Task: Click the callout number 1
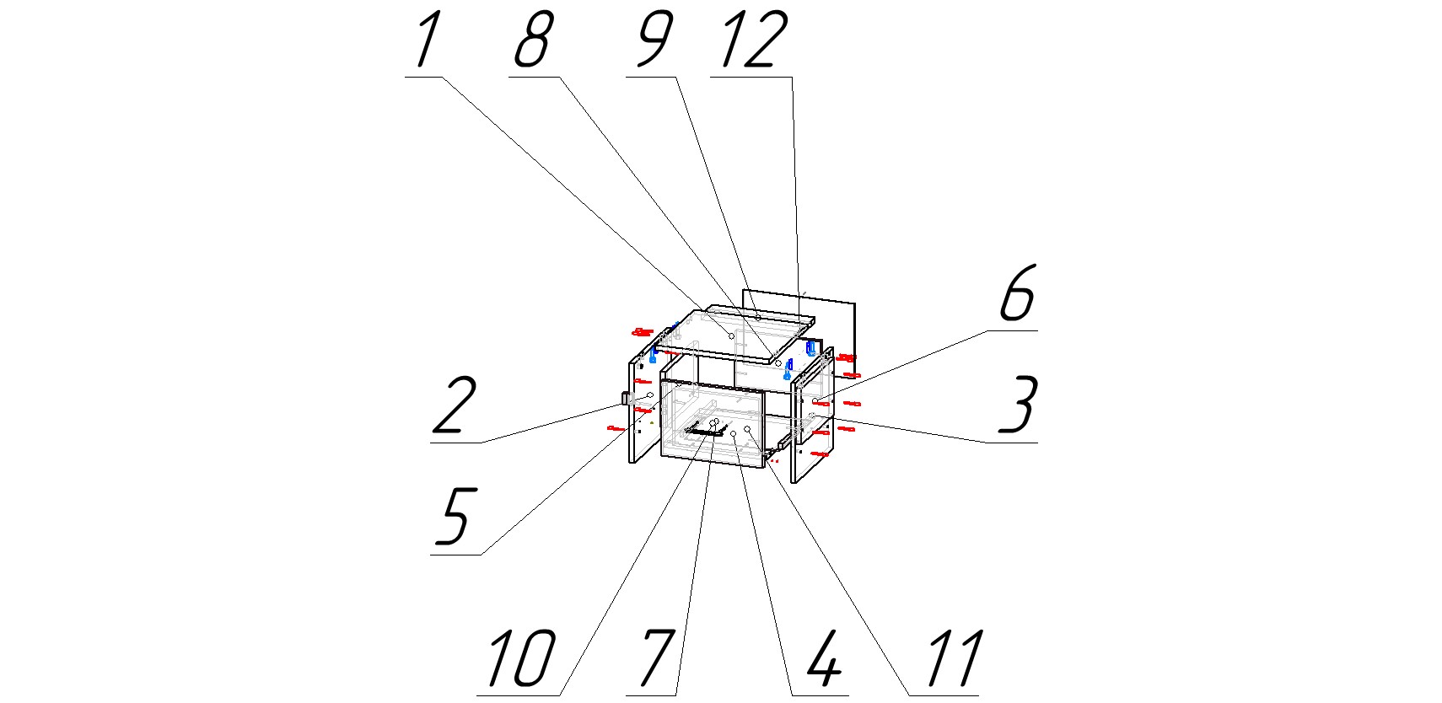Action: click(428, 40)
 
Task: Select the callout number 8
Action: click(533, 40)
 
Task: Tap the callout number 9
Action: click(654, 40)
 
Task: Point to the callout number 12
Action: click(754, 40)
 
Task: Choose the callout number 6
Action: click(1018, 293)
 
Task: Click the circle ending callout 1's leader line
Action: click(731, 336)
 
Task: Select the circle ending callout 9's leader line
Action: click(758, 317)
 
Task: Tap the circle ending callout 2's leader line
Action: click(650, 395)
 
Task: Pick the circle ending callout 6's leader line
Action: click(815, 400)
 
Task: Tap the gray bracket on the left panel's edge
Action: click(627, 398)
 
